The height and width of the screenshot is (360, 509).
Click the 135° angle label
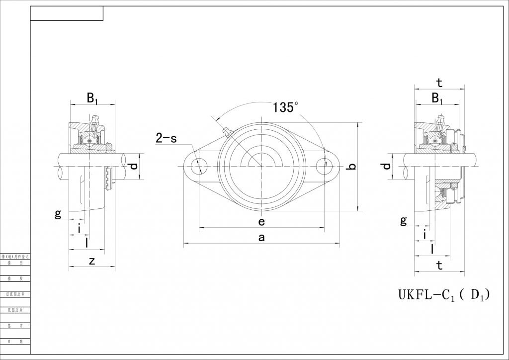click(x=285, y=107)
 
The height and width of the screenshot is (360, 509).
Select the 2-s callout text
click(x=166, y=138)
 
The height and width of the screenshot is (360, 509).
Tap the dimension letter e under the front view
click(x=261, y=221)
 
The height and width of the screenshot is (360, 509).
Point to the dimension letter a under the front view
click(x=261, y=238)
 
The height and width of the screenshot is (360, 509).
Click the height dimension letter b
click(x=351, y=167)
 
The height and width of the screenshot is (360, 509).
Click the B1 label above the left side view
click(x=92, y=98)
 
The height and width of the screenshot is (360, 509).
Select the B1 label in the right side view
click(x=437, y=98)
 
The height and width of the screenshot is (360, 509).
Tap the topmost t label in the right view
click(x=439, y=83)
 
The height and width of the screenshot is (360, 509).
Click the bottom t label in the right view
click(x=439, y=266)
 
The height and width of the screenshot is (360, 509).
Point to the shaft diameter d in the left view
click(x=133, y=166)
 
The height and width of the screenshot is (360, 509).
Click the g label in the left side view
click(x=58, y=214)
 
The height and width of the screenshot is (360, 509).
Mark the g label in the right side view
click(x=404, y=220)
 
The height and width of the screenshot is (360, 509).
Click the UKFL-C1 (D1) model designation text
click(x=444, y=295)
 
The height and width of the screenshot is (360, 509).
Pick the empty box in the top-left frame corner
click(x=67, y=14)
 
